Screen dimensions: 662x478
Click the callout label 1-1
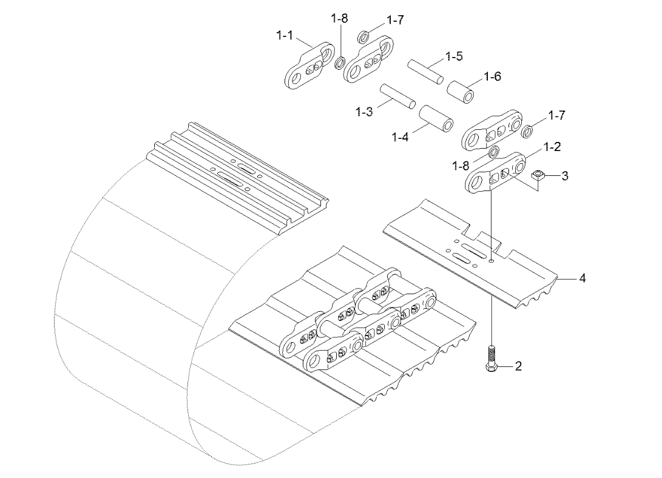285,35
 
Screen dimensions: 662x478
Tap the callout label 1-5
454,56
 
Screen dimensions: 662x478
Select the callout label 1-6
492,76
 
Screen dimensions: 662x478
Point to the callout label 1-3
364,112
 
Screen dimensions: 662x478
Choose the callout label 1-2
552,147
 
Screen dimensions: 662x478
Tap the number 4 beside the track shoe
582,278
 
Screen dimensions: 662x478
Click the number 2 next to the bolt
518,366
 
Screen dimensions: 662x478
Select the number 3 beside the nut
564,175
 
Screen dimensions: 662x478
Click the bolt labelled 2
492,358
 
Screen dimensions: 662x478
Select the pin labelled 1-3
397,96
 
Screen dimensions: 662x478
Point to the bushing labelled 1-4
436,118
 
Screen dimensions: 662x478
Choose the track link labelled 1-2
495,173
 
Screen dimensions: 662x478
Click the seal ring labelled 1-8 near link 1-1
339,64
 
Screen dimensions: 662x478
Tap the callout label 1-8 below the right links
461,166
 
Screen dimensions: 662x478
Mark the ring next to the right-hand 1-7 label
527,132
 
